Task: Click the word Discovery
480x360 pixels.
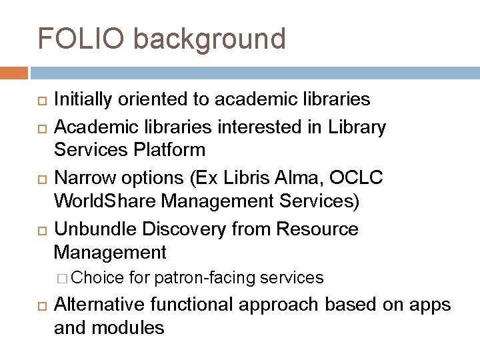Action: coord(195,229)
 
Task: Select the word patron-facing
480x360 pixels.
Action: coord(213,277)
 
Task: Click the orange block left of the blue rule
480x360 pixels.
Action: coord(14,71)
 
